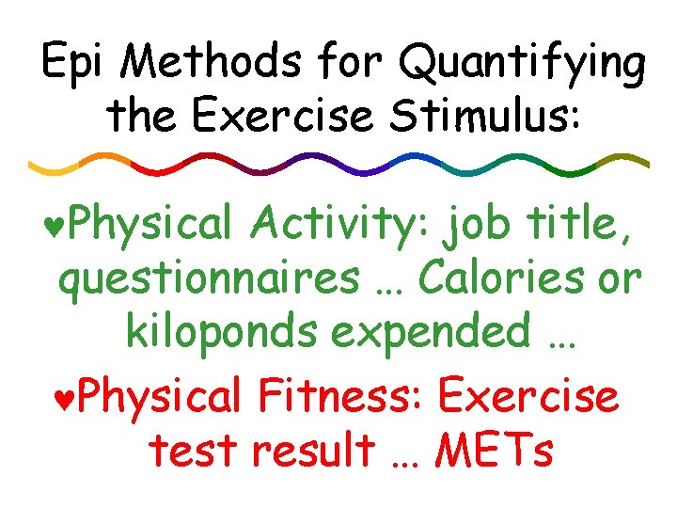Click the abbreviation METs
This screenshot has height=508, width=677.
coord(494,452)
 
